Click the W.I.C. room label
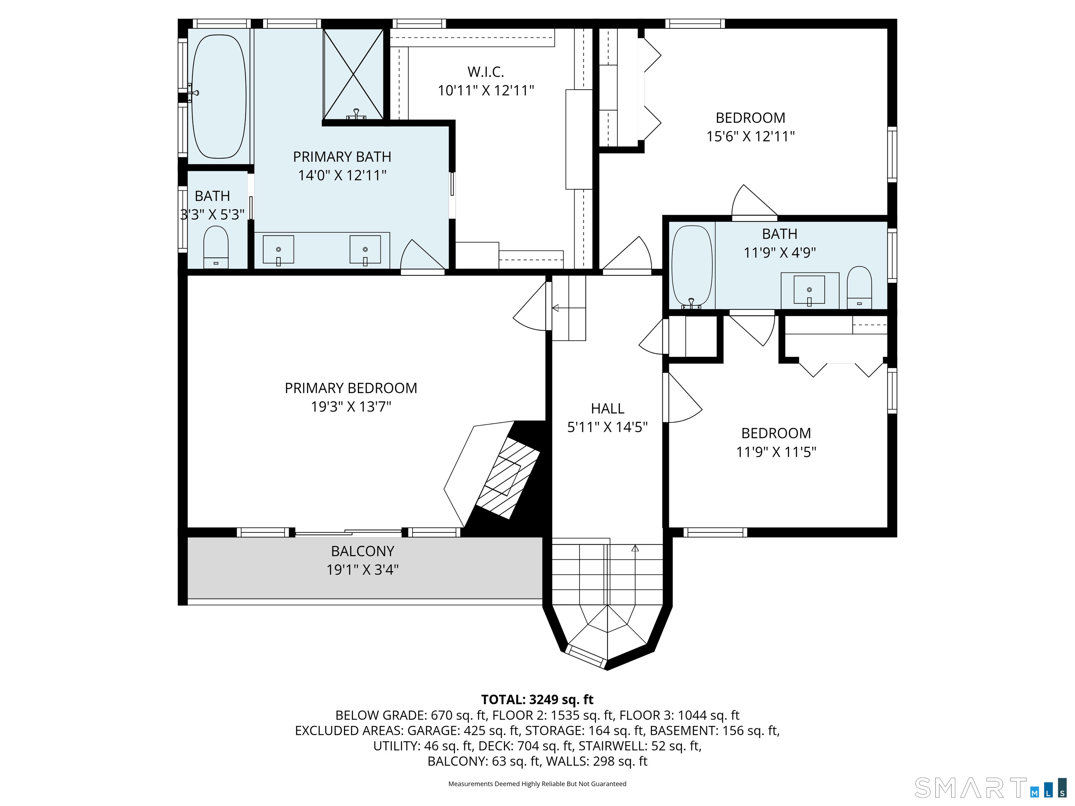pos(485,72)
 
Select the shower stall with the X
pos(353,74)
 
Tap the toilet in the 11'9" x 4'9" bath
pos(859,287)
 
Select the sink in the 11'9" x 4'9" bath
pos(809,290)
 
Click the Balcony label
pos(363,551)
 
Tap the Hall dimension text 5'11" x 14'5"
pos(607,427)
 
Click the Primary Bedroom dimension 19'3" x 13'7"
pos(351,406)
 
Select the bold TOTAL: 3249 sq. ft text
pos(537,700)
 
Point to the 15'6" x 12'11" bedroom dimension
pos(750,136)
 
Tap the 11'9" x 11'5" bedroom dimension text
pos(776,452)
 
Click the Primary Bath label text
pos(342,157)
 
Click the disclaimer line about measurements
pos(537,784)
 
